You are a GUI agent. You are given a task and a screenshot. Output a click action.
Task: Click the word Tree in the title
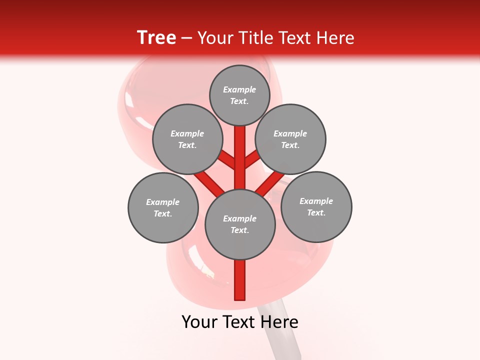(x=156, y=38)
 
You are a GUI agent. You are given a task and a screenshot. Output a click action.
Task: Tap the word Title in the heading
(x=255, y=38)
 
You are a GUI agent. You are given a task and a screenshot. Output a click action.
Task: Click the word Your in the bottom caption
(x=199, y=322)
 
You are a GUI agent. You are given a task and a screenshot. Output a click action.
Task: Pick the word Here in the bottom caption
(x=279, y=322)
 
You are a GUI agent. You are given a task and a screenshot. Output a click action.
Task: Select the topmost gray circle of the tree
(x=239, y=95)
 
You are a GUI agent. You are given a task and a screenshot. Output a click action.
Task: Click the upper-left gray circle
(x=187, y=139)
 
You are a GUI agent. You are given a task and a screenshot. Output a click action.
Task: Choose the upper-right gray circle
(x=290, y=139)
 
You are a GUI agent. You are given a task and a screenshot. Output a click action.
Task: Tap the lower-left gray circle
(x=162, y=207)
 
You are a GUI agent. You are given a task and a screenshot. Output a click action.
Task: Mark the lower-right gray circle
(x=316, y=206)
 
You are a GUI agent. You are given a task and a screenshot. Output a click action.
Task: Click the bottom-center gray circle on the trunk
(x=240, y=224)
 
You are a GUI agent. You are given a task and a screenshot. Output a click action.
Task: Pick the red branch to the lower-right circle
(x=270, y=183)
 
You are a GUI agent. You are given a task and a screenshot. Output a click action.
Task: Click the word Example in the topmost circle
(x=239, y=89)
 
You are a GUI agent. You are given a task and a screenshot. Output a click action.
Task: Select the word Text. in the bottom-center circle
(x=239, y=230)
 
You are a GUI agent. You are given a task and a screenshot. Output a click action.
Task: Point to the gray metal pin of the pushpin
(x=282, y=330)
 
